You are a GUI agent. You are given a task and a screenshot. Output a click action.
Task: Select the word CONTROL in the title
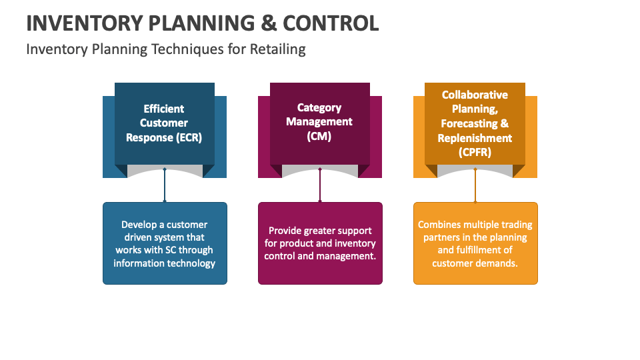click(x=331, y=23)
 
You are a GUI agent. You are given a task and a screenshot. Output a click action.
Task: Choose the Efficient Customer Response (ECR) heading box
click(x=165, y=123)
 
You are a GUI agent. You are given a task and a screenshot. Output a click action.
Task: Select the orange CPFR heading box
click(x=475, y=123)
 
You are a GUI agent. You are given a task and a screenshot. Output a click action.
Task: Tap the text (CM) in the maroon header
click(x=319, y=136)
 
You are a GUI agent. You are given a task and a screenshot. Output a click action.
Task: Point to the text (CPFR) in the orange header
click(x=475, y=152)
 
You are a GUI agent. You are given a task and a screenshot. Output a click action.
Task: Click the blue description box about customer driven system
click(x=165, y=243)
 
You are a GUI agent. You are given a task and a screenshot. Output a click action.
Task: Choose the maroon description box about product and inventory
click(x=320, y=243)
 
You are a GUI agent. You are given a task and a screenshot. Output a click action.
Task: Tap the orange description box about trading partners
click(x=475, y=243)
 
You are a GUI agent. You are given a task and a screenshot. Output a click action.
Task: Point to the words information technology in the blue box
click(x=165, y=263)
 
